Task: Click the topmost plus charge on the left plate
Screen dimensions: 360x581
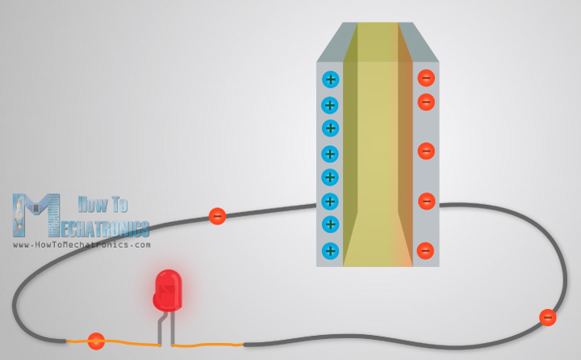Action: click(x=330, y=79)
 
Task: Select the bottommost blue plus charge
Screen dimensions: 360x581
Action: click(x=330, y=250)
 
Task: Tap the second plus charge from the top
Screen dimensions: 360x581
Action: click(x=330, y=105)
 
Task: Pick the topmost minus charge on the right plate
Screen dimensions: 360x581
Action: click(x=426, y=78)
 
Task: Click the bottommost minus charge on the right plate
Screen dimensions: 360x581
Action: click(x=426, y=250)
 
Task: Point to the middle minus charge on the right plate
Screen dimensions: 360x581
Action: click(x=426, y=151)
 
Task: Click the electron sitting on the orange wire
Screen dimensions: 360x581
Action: click(x=96, y=341)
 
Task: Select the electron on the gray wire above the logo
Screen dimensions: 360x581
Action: click(x=217, y=216)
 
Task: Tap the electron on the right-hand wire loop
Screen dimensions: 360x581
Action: click(x=548, y=317)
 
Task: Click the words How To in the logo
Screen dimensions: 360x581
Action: click(x=98, y=205)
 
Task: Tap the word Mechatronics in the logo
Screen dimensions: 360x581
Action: click(x=105, y=226)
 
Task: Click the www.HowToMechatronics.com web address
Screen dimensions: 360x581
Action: click(x=82, y=244)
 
